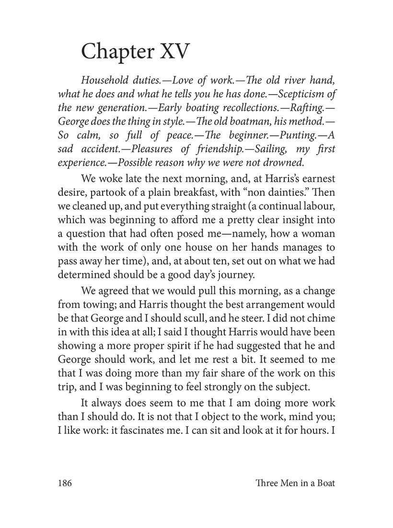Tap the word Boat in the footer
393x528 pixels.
click(324, 483)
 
